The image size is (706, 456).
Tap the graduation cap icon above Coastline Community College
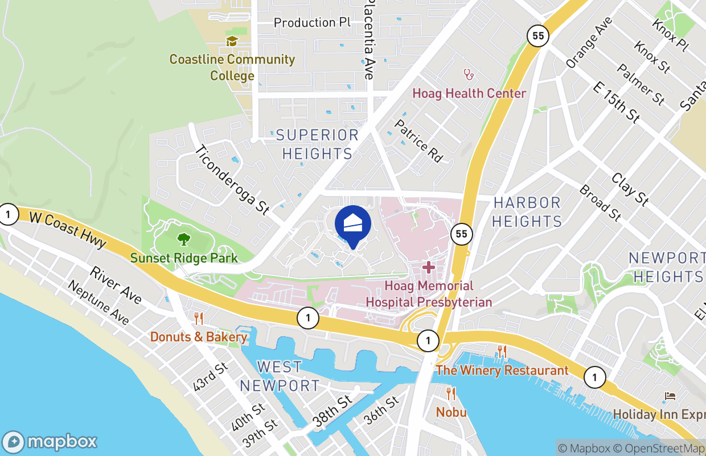pyautogui.click(x=232, y=41)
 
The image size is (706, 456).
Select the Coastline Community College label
pyautogui.click(x=232, y=67)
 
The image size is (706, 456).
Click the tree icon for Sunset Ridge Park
pyautogui.click(x=183, y=239)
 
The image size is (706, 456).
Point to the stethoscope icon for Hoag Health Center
pyautogui.click(x=469, y=74)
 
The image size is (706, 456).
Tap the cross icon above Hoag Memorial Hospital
pyautogui.click(x=428, y=267)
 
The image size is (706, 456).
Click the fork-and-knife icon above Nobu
pyautogui.click(x=451, y=393)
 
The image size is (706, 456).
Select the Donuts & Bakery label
pyautogui.click(x=199, y=337)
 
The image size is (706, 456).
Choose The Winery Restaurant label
pyautogui.click(x=502, y=370)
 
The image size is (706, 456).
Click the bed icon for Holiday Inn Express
pyautogui.click(x=670, y=396)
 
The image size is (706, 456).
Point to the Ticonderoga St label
pyautogui.click(x=232, y=180)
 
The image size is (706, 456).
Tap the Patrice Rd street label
pyautogui.click(x=418, y=141)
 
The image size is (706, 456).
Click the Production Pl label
pyautogui.click(x=312, y=23)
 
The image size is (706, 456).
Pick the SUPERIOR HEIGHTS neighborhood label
pyautogui.click(x=318, y=144)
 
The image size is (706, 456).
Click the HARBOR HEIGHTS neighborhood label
pyautogui.click(x=527, y=212)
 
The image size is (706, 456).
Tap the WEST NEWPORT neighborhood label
pyautogui.click(x=280, y=376)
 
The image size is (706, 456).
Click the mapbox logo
pyautogui.click(x=50, y=442)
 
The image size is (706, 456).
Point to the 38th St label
pyautogui.click(x=333, y=412)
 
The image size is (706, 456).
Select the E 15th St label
pyautogui.click(x=617, y=103)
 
